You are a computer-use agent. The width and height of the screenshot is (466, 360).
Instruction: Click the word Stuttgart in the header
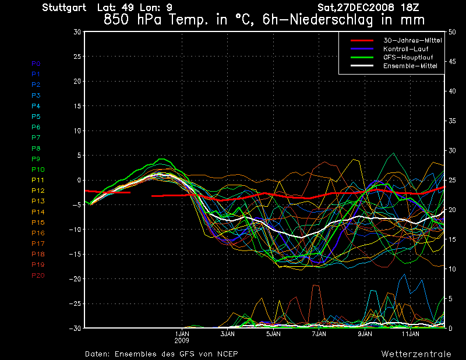[64, 8]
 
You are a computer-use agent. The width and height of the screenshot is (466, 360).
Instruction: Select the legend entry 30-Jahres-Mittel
[412, 40]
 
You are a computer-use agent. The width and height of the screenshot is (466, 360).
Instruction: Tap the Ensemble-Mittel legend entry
[410, 66]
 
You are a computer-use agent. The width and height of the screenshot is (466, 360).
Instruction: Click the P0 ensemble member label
[36, 63]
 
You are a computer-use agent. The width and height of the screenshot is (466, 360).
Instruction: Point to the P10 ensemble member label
[38, 170]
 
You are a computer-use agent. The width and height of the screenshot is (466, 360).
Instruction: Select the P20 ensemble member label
[38, 276]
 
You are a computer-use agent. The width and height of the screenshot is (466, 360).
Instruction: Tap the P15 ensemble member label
[38, 223]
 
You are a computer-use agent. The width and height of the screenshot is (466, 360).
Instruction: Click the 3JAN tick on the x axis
[228, 334]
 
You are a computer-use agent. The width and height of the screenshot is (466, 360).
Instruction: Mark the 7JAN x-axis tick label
[319, 334]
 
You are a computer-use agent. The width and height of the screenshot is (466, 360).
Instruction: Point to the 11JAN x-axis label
[411, 334]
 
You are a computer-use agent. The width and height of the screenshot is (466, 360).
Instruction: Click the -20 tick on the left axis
[74, 279]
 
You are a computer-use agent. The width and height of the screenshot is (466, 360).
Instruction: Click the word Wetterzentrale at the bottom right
[416, 354]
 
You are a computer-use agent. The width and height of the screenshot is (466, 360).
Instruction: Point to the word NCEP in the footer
[227, 354]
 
